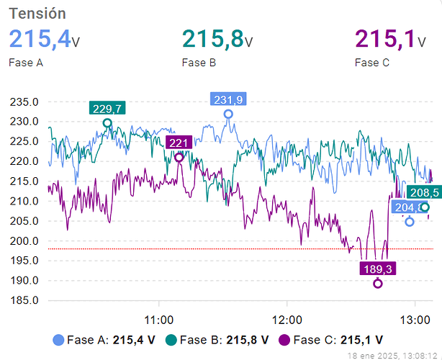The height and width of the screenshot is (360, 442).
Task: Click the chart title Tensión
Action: click(37, 14)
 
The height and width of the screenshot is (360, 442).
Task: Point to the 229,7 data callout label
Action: click(107, 109)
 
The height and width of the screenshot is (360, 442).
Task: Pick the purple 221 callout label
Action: click(179, 143)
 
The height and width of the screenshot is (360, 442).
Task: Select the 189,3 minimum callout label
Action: click(378, 269)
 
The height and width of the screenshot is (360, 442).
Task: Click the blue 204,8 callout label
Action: click(407, 207)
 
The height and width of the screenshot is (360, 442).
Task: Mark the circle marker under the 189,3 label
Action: click(378, 284)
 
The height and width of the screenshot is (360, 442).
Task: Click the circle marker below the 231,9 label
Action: click(228, 114)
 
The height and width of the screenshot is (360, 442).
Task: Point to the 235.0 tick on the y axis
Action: click(24, 102)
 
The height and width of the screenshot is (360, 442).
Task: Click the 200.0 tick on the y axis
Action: click(24, 241)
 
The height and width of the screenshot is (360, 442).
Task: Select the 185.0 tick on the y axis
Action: click(24, 301)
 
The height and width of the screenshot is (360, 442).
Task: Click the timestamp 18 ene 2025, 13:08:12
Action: click(391, 355)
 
